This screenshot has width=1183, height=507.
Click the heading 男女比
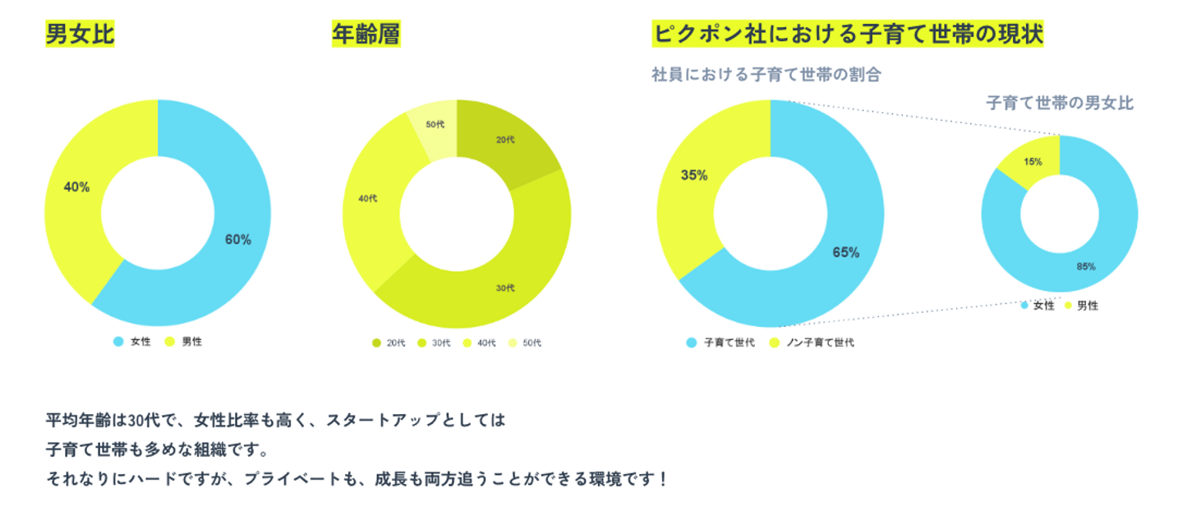[80, 35]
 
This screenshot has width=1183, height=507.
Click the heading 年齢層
[366, 35]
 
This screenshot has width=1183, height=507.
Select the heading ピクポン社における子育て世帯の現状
[847, 35]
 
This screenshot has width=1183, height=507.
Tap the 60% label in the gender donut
[238, 240]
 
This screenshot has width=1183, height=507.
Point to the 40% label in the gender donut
[76, 187]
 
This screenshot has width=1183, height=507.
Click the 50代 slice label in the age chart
[435, 125]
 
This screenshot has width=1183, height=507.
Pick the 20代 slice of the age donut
[505, 141]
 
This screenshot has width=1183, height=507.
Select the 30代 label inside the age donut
[505, 288]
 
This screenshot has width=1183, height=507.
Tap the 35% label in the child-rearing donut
[694, 175]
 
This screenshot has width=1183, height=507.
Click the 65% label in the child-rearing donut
[845, 252]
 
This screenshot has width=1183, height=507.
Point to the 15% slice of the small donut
[1033, 162]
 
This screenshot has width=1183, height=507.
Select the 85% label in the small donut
[1085, 266]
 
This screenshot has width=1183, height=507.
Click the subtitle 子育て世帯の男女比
[1059, 103]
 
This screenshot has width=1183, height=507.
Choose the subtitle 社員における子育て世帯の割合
[766, 75]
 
